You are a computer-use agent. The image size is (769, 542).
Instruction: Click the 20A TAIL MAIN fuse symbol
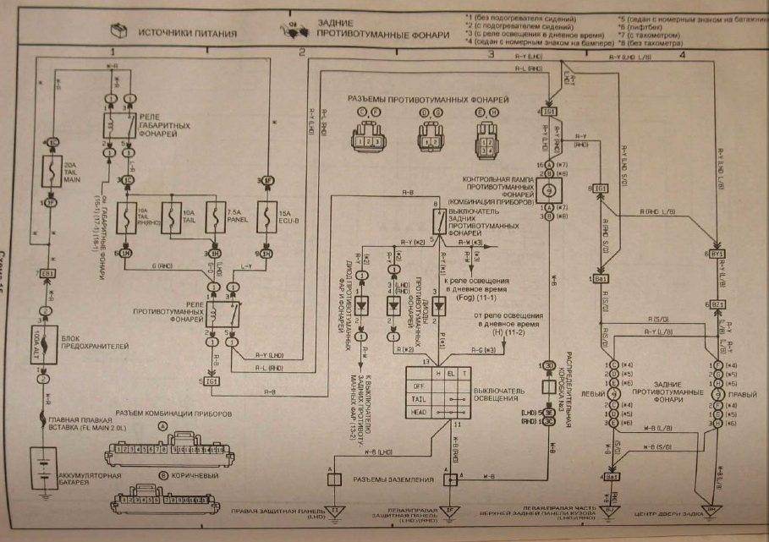(x=48, y=172)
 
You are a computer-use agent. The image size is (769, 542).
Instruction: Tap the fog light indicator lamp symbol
(x=548, y=190)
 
